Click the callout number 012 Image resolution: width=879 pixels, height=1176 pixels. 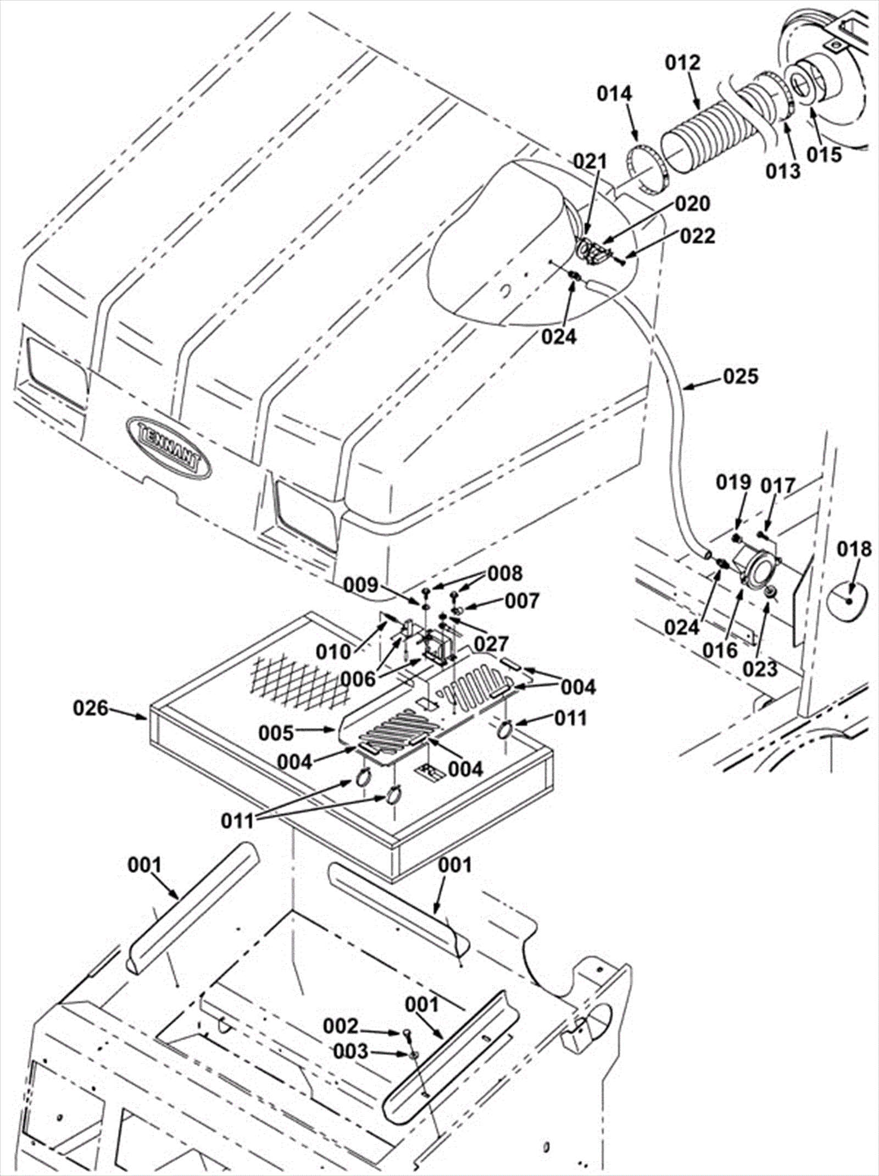[683, 63]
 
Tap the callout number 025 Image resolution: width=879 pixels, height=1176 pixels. [740, 377]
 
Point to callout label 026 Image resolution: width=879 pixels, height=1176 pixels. [91, 708]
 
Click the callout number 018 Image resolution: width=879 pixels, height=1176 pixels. [854, 548]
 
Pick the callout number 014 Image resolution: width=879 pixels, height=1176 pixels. [615, 94]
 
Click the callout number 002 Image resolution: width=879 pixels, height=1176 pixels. [341, 1026]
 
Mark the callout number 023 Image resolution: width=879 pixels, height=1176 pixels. [761, 669]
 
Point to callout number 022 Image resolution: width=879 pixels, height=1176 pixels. [698, 236]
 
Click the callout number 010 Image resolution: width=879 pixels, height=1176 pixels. [333, 652]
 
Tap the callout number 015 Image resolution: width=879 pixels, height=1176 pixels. [825, 154]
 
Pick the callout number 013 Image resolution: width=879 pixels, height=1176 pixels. [783, 171]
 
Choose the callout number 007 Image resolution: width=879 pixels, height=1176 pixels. [522, 601]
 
